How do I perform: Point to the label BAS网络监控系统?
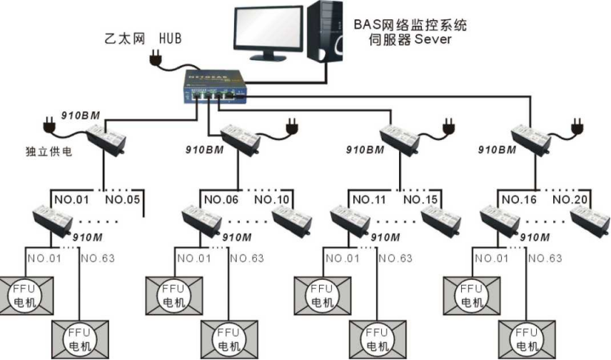[410, 24]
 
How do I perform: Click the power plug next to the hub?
[156, 59]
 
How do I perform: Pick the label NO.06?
[221, 199]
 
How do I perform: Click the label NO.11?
[370, 199]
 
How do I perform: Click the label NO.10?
[271, 199]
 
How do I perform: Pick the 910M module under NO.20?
[590, 221]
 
